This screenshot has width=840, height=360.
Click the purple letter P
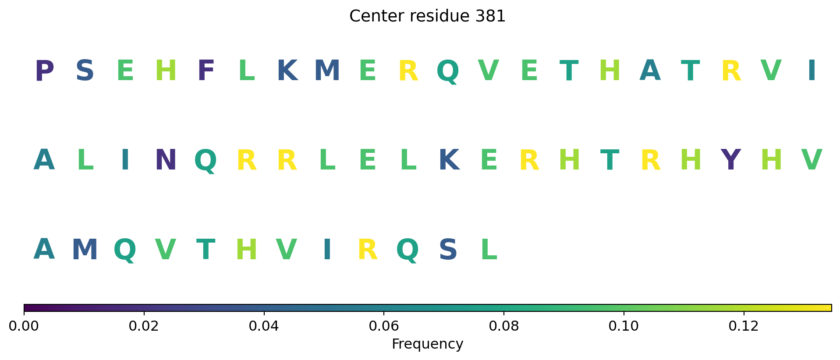[44, 71]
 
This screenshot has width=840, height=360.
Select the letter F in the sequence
[206, 71]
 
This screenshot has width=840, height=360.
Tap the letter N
[166, 160]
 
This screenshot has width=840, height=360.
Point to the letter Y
[730, 160]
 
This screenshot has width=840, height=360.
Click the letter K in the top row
[287, 71]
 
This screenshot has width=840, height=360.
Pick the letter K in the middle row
[449, 160]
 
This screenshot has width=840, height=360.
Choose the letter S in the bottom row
[448, 250]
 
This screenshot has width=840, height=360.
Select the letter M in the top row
[327, 71]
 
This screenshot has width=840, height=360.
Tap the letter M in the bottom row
[85, 250]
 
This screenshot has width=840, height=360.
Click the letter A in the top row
[650, 71]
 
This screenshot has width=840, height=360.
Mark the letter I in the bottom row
[327, 250]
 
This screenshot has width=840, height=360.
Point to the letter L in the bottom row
[489, 250]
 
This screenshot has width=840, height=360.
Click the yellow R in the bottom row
[368, 250]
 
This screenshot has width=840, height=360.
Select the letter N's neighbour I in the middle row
[125, 160]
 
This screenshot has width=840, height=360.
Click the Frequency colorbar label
[427, 344]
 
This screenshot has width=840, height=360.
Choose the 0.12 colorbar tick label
[744, 326]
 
